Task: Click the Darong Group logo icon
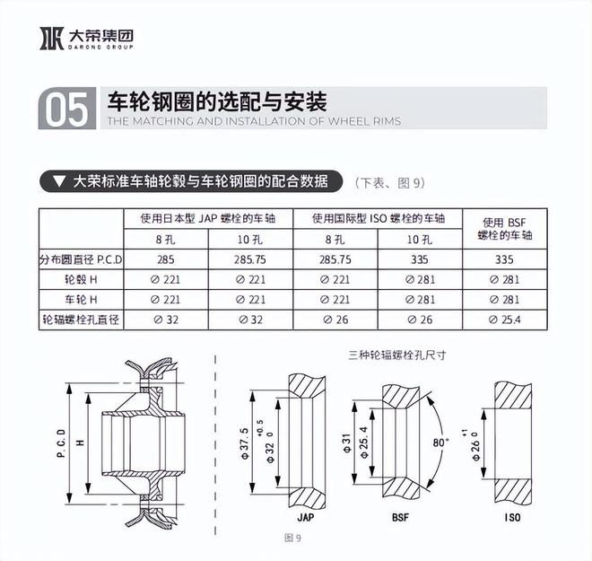51,38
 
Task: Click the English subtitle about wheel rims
254,121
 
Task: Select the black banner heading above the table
190,181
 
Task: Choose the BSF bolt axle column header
508,229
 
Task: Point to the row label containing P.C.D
81,259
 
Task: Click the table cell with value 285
164,259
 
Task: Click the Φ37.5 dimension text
244,439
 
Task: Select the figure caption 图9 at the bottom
291,538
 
